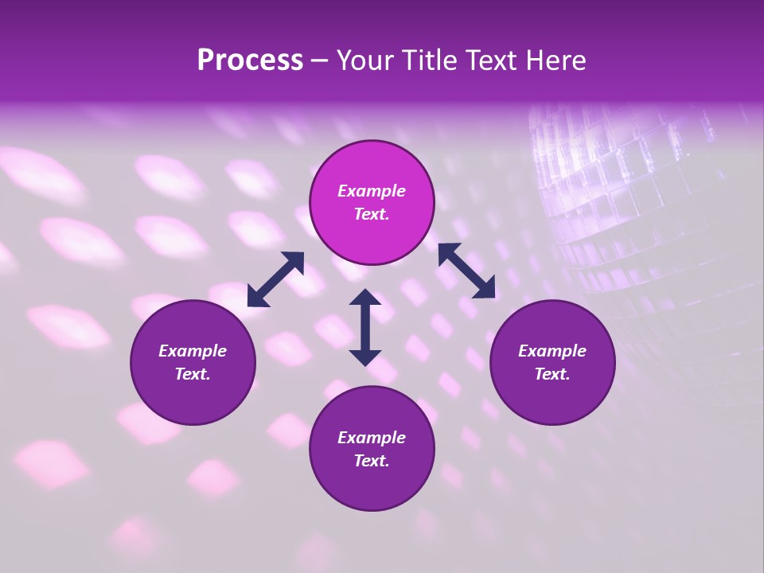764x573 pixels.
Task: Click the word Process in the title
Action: point(250,60)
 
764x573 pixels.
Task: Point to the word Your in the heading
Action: point(365,60)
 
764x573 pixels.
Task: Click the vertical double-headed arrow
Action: point(365,327)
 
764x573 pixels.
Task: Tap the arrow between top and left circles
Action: point(275,279)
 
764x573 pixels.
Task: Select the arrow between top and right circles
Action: point(466,271)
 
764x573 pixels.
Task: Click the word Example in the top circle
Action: point(372,191)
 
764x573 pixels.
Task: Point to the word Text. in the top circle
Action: point(372,214)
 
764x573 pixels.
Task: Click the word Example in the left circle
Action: point(193,351)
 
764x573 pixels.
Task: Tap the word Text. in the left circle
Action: point(193,374)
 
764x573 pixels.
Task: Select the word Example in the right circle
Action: point(552,351)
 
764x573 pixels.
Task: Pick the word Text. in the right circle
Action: point(552,374)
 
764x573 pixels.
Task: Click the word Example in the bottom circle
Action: point(372,438)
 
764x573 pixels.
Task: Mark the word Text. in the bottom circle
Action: point(372,461)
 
